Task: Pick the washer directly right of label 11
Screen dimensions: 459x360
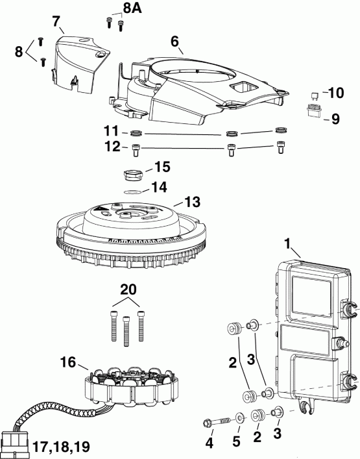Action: pos(136,134)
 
